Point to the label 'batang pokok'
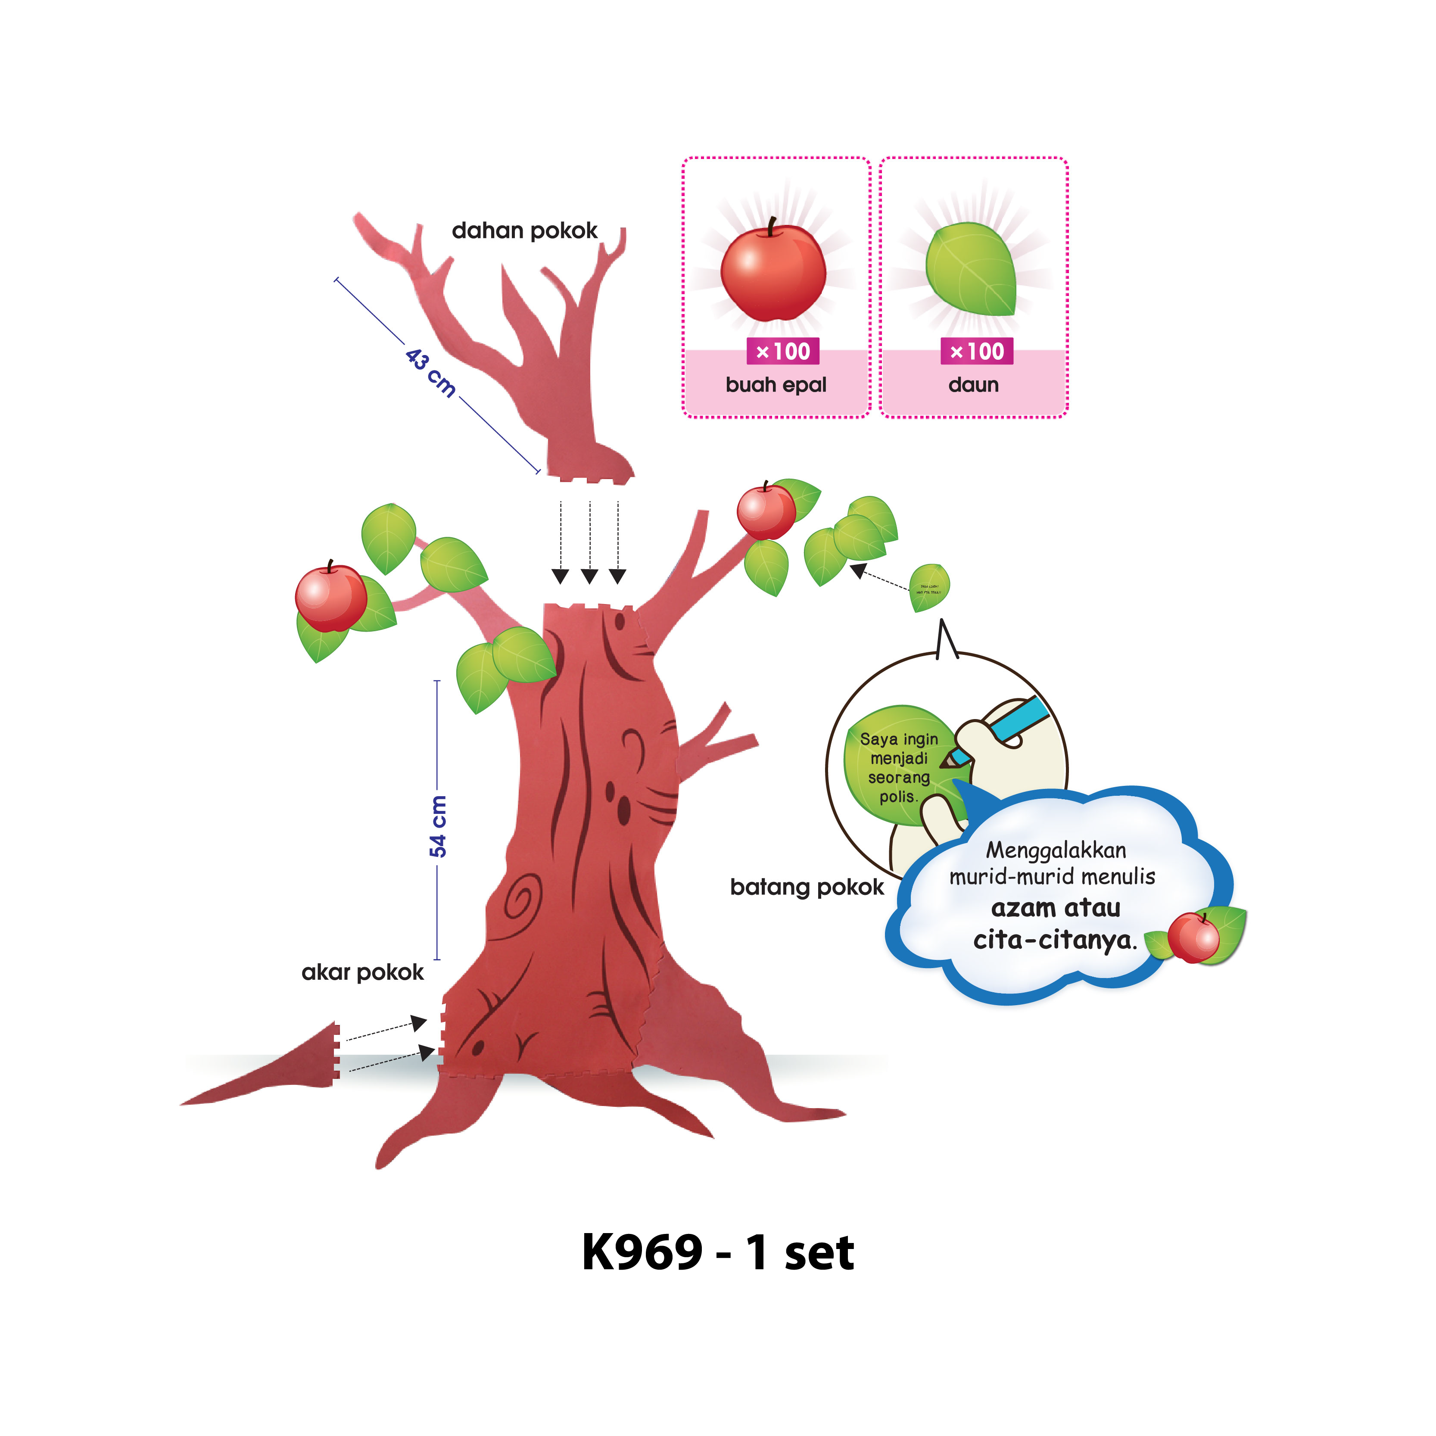pyautogui.click(x=807, y=887)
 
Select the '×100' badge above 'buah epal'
pyautogui.click(x=783, y=351)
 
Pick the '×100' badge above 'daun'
pyautogui.click(x=977, y=351)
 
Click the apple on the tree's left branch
pyautogui.click(x=331, y=598)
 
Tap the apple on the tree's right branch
pyautogui.click(x=766, y=511)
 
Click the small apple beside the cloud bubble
pyautogui.click(x=1193, y=938)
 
